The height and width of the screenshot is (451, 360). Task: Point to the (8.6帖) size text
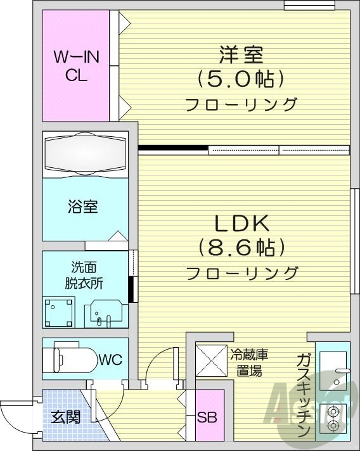[241, 247]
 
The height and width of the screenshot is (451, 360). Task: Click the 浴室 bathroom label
[83, 207]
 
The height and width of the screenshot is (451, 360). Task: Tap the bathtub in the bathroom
[86, 154]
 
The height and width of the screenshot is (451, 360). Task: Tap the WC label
[110, 360]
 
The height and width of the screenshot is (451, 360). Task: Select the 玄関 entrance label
[65, 419]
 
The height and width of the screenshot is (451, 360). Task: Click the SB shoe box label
[206, 419]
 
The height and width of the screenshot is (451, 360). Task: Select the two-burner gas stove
[332, 419]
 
